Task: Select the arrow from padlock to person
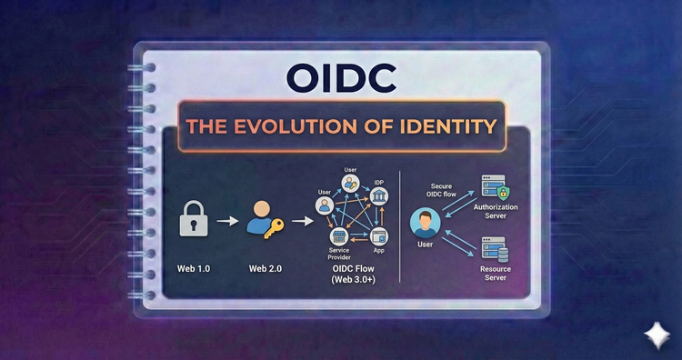point(232,220)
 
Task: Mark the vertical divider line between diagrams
point(401,227)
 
